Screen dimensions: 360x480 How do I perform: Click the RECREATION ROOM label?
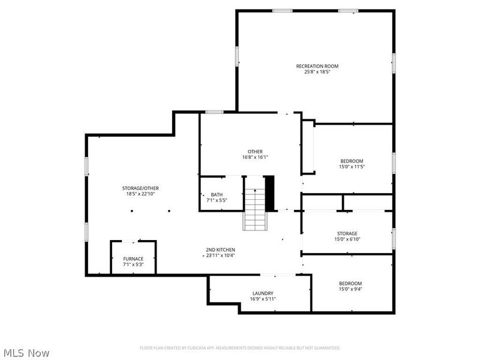[x=317, y=66]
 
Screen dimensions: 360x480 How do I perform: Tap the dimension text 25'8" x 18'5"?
[x=317, y=72]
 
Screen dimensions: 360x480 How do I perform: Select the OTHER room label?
[x=255, y=151]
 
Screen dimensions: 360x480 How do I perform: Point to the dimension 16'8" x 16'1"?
[x=255, y=157]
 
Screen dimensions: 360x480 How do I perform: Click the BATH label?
[x=217, y=194]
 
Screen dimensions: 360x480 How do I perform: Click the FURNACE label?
[x=133, y=259]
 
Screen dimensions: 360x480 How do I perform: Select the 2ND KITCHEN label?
[x=220, y=250]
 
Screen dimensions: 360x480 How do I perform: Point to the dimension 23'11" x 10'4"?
[x=220, y=256]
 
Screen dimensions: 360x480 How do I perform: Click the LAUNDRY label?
[x=263, y=293]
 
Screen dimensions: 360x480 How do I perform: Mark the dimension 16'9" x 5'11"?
[x=263, y=299]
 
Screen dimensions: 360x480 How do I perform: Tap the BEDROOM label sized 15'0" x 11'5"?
[x=352, y=161]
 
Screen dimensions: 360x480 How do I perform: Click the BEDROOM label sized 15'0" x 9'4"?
[x=350, y=283]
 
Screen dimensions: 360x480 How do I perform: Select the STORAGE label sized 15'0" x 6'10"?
[x=347, y=233]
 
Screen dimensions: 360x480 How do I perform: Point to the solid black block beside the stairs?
[x=269, y=193]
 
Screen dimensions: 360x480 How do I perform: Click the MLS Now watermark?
[x=26, y=353]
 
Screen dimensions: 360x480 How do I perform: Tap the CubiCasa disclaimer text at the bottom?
[x=240, y=348]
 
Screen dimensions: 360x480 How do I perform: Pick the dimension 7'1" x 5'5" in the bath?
[x=217, y=200]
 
